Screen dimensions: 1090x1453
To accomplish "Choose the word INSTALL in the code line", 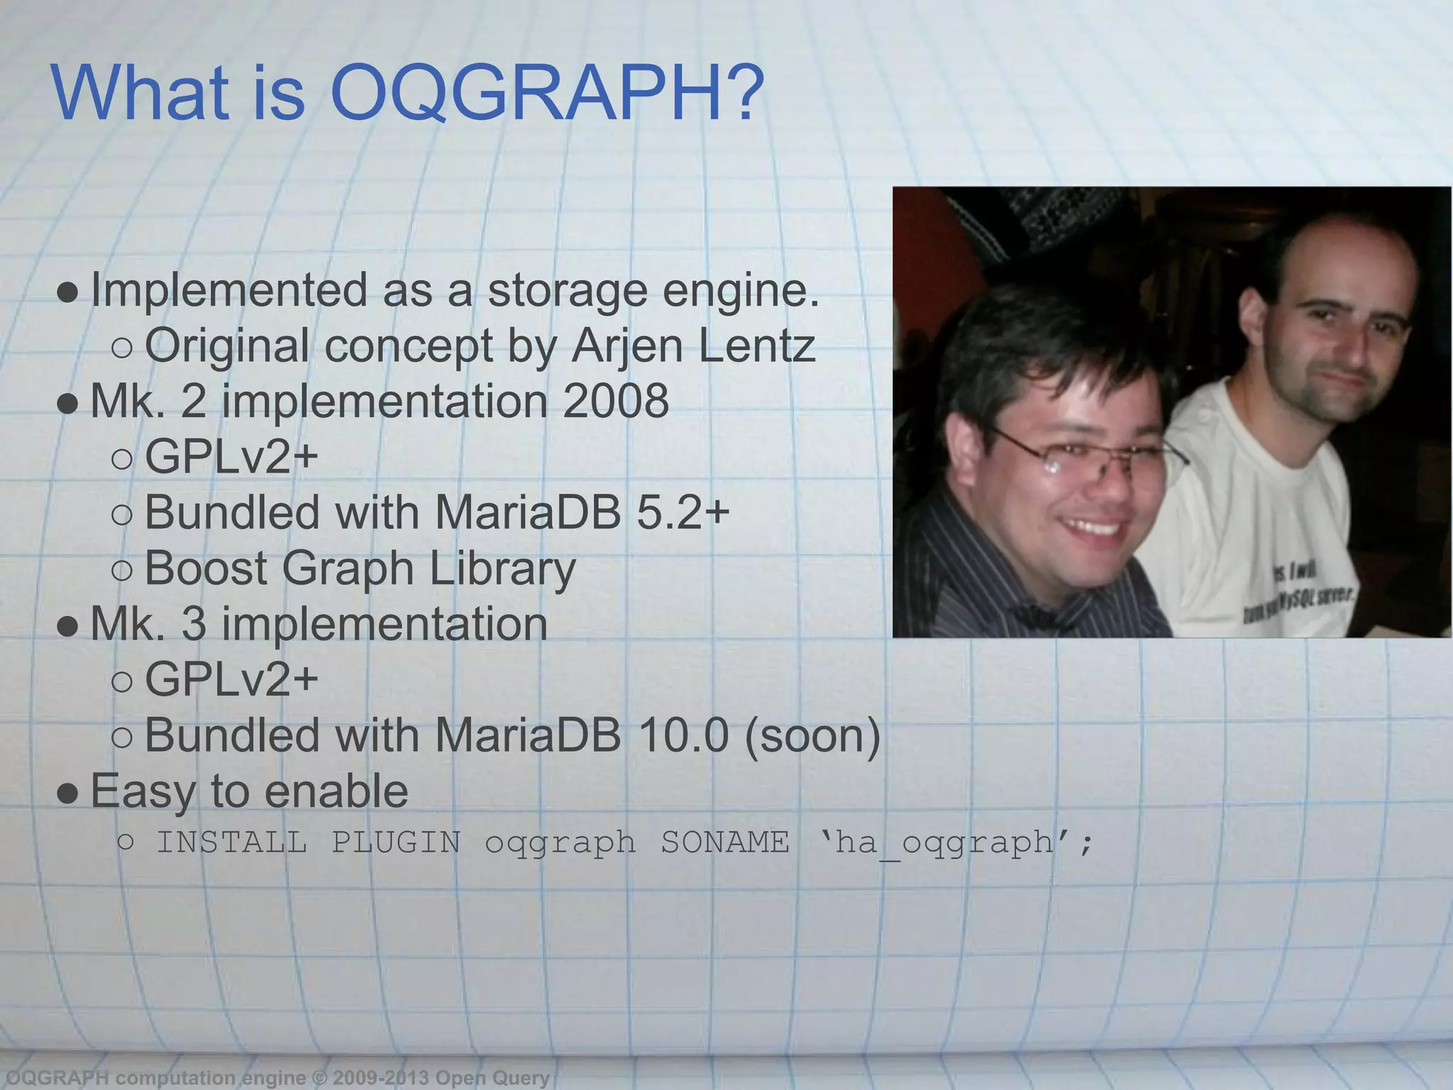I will (231, 843).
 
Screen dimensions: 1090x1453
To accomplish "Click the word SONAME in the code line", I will (724, 843).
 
